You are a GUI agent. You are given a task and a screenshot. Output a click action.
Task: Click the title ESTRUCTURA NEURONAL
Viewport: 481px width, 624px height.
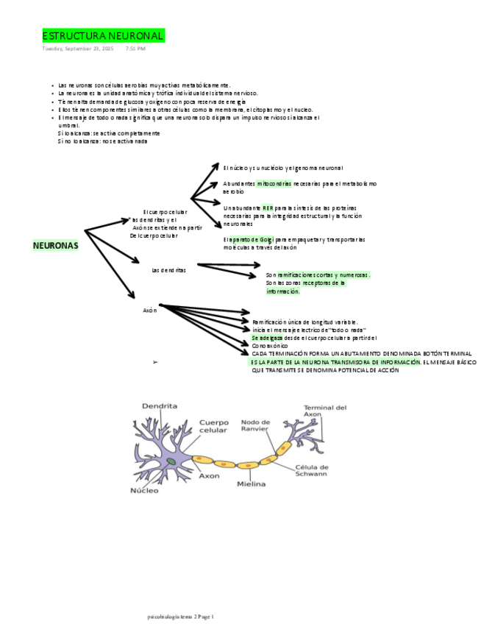click(103, 36)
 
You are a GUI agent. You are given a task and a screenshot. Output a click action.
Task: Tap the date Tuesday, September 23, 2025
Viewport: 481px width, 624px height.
click(77, 49)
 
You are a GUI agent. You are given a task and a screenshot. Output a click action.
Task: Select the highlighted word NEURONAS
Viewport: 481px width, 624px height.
click(55, 245)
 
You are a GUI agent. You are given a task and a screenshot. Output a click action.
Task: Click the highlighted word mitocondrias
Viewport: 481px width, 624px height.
click(274, 183)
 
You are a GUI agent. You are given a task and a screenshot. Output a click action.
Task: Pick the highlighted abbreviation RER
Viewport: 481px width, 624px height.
click(267, 208)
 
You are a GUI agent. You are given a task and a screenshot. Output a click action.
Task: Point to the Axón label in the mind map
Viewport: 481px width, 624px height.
click(150, 311)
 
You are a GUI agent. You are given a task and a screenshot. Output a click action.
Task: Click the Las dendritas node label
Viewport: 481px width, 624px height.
click(168, 270)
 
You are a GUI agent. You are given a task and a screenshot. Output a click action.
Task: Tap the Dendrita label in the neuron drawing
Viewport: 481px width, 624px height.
click(160, 405)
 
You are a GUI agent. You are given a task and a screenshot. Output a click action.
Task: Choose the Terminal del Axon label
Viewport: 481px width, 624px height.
click(325, 411)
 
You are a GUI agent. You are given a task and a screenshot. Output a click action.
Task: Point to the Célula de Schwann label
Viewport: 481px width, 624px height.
click(312, 470)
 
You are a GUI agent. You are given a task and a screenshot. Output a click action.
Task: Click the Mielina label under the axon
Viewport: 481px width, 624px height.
click(251, 484)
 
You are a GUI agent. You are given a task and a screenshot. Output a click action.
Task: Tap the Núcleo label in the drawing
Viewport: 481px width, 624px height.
click(144, 490)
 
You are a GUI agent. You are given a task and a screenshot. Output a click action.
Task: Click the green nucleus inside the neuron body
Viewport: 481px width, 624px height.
click(171, 461)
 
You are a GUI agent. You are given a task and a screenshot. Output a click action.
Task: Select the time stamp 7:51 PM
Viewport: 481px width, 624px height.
click(135, 49)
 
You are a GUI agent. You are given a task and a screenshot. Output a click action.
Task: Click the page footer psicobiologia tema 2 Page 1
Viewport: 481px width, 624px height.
click(180, 617)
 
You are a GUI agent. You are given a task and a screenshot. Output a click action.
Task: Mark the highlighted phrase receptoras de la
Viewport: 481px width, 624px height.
click(324, 283)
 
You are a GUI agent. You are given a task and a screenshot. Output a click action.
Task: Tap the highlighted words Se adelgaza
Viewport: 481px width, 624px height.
click(266, 338)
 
